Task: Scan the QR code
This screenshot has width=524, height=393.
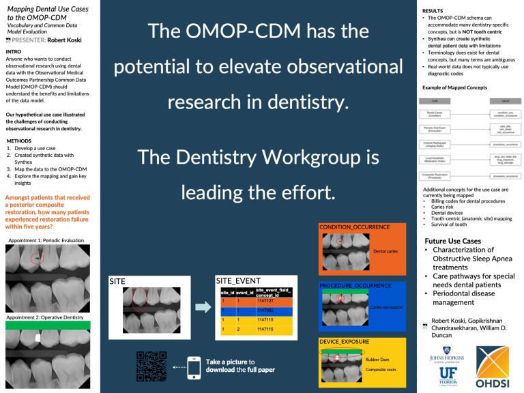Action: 152,366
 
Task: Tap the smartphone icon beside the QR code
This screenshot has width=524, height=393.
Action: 194,366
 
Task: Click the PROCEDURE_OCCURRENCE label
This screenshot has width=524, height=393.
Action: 355,285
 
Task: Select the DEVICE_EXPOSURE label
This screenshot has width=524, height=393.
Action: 345,341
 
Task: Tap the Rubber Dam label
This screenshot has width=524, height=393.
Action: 378,359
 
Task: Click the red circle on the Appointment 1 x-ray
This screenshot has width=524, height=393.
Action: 38,259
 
